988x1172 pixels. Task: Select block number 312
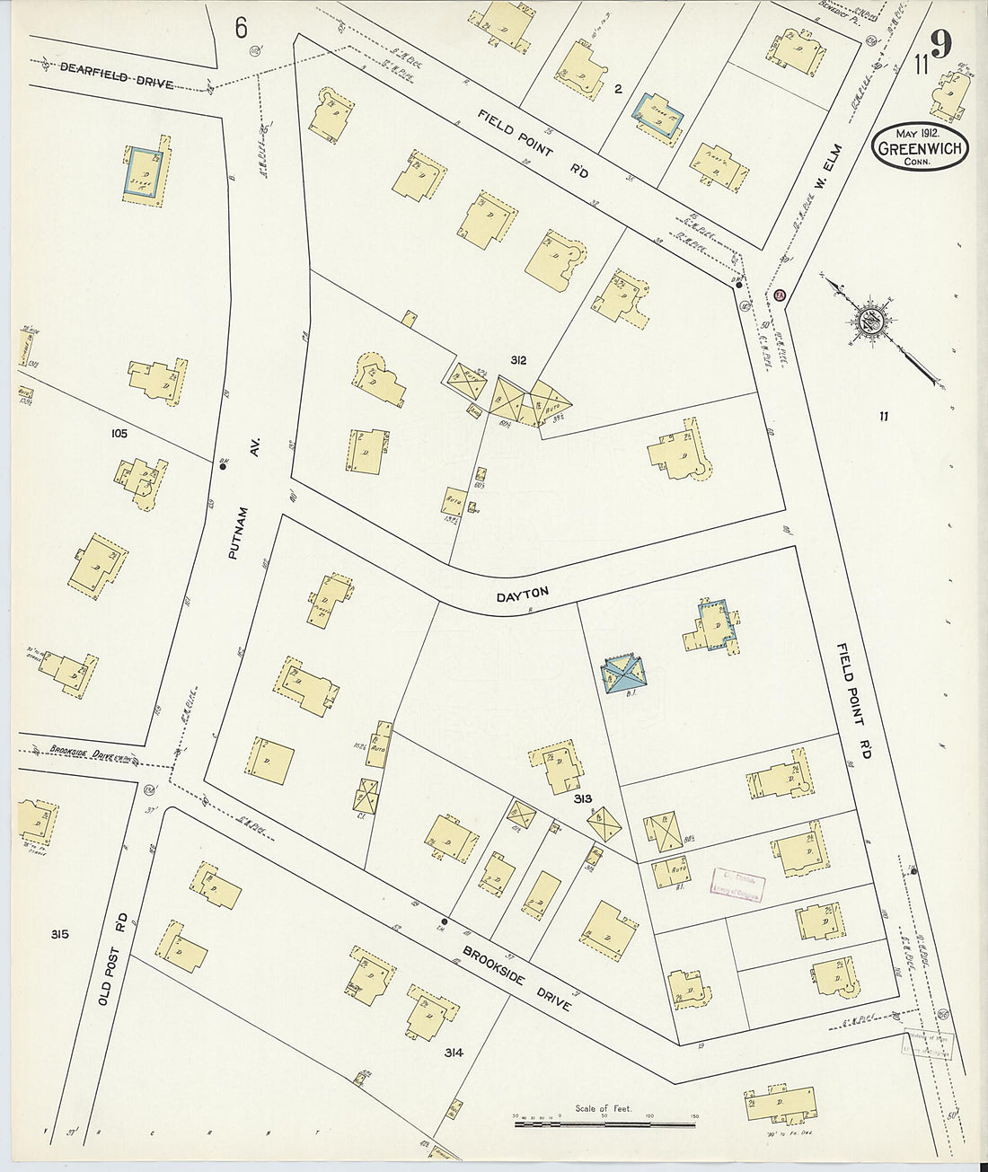(x=517, y=360)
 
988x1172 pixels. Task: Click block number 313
(x=582, y=797)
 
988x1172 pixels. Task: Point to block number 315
(x=60, y=935)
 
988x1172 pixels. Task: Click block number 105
(x=119, y=434)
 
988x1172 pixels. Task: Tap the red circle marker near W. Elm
(x=780, y=294)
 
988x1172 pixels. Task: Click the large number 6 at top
(x=241, y=28)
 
